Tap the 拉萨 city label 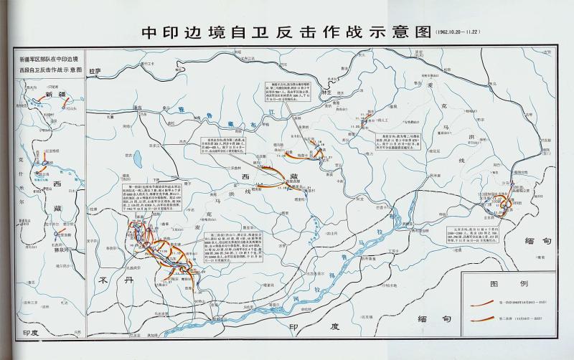point(92,72)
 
